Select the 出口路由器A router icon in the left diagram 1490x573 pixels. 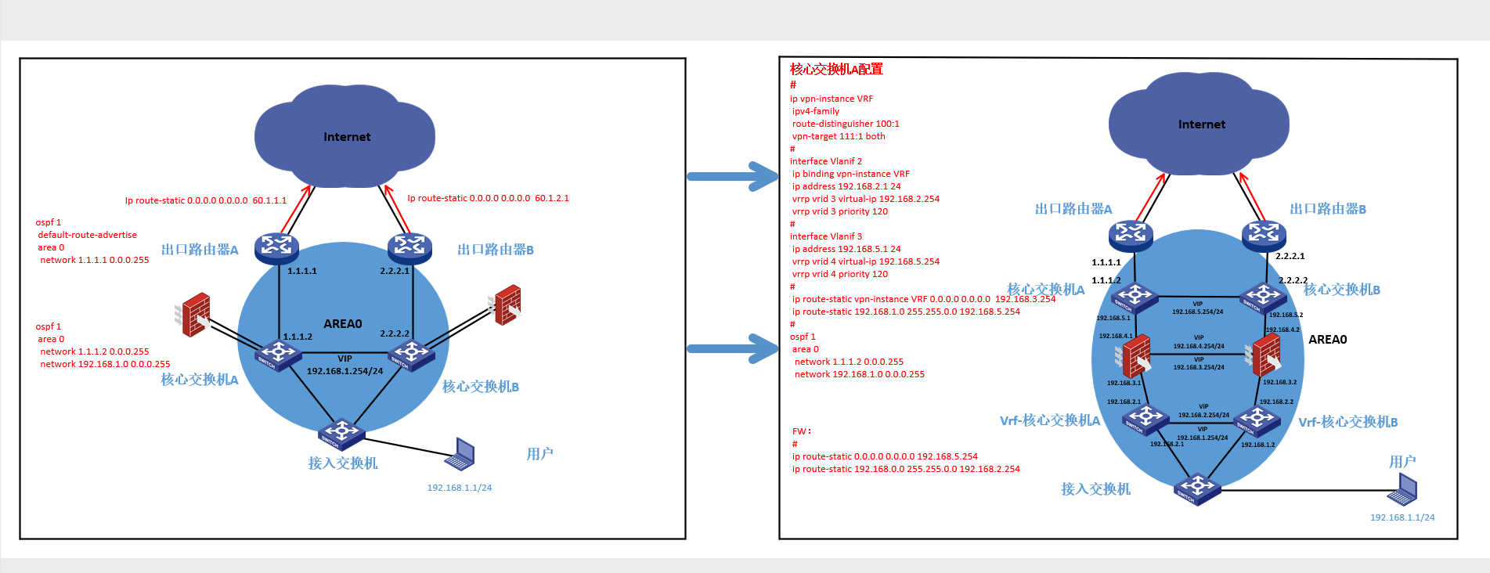point(276,247)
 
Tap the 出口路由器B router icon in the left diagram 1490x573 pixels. point(409,247)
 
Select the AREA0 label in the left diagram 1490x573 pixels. point(343,324)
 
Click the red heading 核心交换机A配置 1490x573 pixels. point(836,69)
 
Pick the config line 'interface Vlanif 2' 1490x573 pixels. point(826,161)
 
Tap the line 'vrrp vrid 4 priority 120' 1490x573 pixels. point(839,274)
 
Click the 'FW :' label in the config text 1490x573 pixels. point(801,431)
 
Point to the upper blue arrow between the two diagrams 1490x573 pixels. point(732,176)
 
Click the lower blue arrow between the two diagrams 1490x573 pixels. point(732,349)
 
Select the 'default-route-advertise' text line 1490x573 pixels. point(87,235)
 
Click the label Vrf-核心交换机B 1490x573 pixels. point(1347,422)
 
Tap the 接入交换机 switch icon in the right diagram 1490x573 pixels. point(1197,488)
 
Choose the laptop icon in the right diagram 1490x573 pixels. point(1402,490)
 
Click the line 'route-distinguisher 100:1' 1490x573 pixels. point(846,124)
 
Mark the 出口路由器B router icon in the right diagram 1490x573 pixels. point(1264,233)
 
